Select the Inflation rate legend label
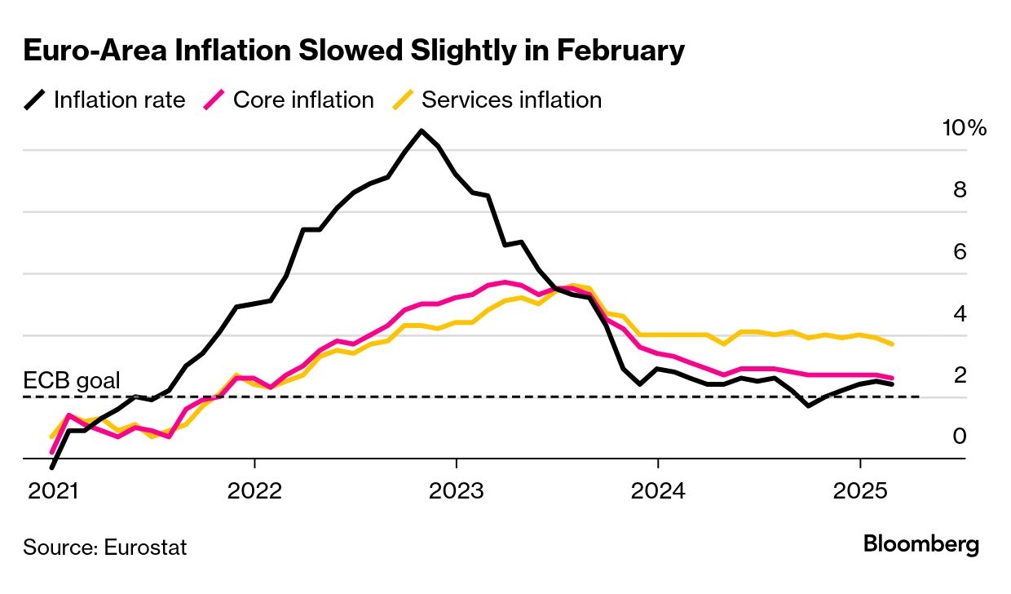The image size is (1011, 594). click(x=119, y=100)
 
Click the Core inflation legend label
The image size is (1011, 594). click(x=303, y=100)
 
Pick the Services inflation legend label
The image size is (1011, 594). click(x=511, y=100)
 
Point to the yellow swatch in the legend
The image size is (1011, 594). click(x=404, y=100)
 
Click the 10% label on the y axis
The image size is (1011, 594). click(x=964, y=128)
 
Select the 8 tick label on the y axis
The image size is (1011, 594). click(x=960, y=190)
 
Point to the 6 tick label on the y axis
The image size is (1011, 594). click(x=960, y=252)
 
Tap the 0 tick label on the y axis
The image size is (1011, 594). click(x=960, y=437)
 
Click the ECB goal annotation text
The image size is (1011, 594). click(x=72, y=380)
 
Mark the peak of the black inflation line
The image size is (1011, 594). click(x=421, y=131)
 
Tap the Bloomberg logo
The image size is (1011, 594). click(x=921, y=544)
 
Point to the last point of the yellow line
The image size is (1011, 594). click(x=893, y=344)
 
